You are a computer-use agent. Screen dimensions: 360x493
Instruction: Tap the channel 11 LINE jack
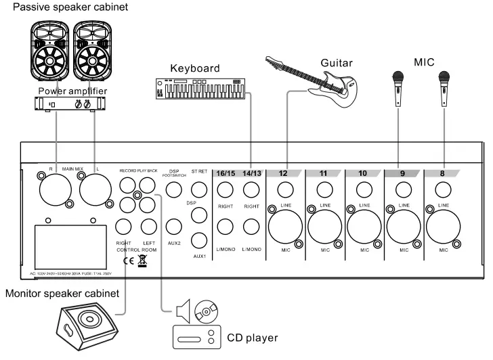[x=324, y=189]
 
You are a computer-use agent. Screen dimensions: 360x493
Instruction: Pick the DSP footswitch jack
[x=173, y=189]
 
